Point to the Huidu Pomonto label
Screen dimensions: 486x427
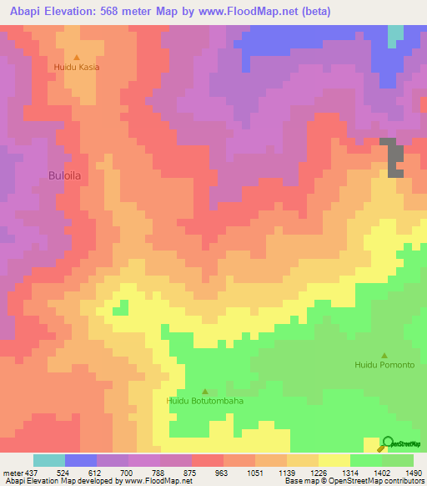[384, 365]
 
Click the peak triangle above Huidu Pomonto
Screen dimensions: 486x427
[384, 355]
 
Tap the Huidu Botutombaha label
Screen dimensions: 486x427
[205, 401]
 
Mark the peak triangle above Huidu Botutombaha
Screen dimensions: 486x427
[205, 391]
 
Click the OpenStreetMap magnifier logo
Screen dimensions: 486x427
[387, 443]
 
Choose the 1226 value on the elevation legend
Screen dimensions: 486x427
[304, 472]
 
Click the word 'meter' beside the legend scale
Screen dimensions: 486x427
[12, 472]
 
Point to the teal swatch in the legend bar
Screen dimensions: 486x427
[49, 460]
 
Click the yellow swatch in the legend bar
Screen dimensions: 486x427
[334, 460]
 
